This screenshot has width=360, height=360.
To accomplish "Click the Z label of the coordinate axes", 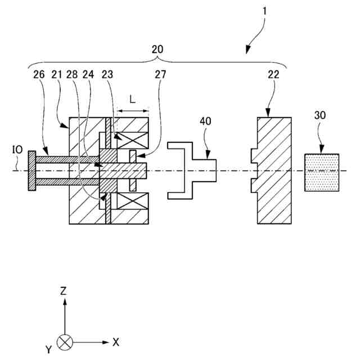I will pyautogui.click(x=64, y=291).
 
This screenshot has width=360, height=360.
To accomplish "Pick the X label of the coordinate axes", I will pyautogui.click(x=116, y=341).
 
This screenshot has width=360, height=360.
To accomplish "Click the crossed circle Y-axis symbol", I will pyautogui.click(x=65, y=341).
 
